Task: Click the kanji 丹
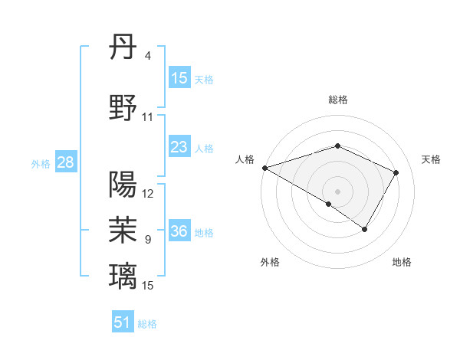pos(123,48)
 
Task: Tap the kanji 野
pos(123,107)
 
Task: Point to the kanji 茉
pos(123,228)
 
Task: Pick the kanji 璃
pos(123,274)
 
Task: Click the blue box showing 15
pos(179,78)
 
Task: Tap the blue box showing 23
pos(179,147)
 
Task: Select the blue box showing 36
pos(179,231)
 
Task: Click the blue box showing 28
pos(65,162)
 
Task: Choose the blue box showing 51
pos(123,322)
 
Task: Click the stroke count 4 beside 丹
pos(148,57)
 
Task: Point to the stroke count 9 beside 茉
pos(148,240)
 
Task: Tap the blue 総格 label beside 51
pos(148,324)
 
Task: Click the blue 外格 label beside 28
pos(41,163)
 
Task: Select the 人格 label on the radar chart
pos(245,159)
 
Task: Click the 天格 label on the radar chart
pos(431,159)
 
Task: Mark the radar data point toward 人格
pos(264,168)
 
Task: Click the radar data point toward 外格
pos(329,204)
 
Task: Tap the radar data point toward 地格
pos(365,229)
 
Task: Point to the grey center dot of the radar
pos(337,191)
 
